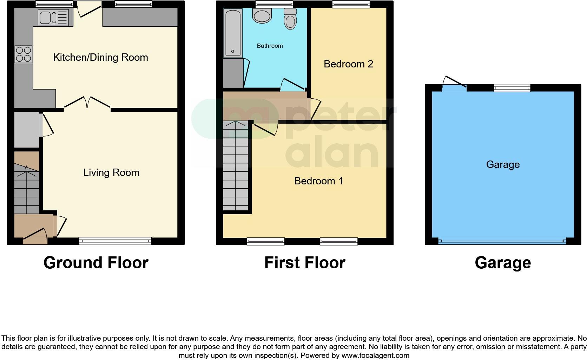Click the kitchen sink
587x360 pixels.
click(54, 17)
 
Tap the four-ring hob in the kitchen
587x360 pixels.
click(24, 54)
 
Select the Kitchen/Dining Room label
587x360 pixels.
click(100, 57)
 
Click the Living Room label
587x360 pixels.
click(111, 172)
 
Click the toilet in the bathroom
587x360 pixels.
click(290, 19)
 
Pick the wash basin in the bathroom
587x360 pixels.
click(262, 15)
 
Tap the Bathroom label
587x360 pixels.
click(270, 46)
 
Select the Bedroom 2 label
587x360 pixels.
click(348, 64)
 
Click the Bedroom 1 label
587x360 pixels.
click(318, 181)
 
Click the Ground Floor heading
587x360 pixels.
click(96, 263)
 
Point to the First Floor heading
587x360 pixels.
click(305, 263)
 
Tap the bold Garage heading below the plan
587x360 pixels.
click(502, 263)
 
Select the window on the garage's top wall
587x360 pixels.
click(512, 88)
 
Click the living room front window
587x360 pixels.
click(115, 241)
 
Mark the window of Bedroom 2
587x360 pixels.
click(351, 4)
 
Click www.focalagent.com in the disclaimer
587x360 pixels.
click(375, 355)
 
